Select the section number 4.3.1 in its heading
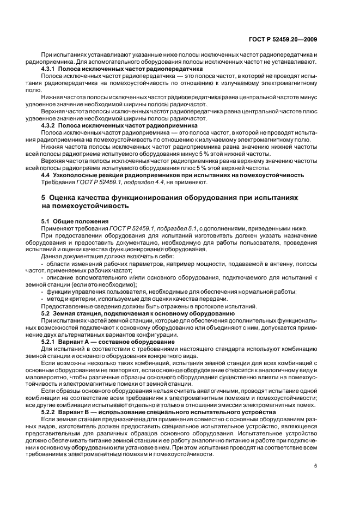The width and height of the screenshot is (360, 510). pyautogui.click(x=50, y=69)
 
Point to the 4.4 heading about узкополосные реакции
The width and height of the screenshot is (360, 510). pyautogui.click(x=173, y=175)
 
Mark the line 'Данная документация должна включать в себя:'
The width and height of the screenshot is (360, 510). pyautogui.click(x=108, y=256)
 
